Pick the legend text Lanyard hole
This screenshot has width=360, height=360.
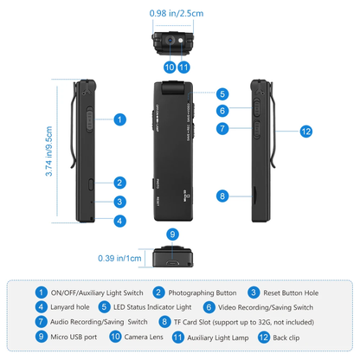click(x=70, y=306)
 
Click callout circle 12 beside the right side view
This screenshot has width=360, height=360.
click(x=305, y=131)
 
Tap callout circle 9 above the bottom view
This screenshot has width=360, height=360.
click(x=172, y=234)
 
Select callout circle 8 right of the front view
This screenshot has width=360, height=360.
click(x=222, y=196)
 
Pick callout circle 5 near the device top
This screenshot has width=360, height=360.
click(x=222, y=93)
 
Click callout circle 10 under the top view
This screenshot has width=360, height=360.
click(x=169, y=67)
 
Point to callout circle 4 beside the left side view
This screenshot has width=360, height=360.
click(x=119, y=220)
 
